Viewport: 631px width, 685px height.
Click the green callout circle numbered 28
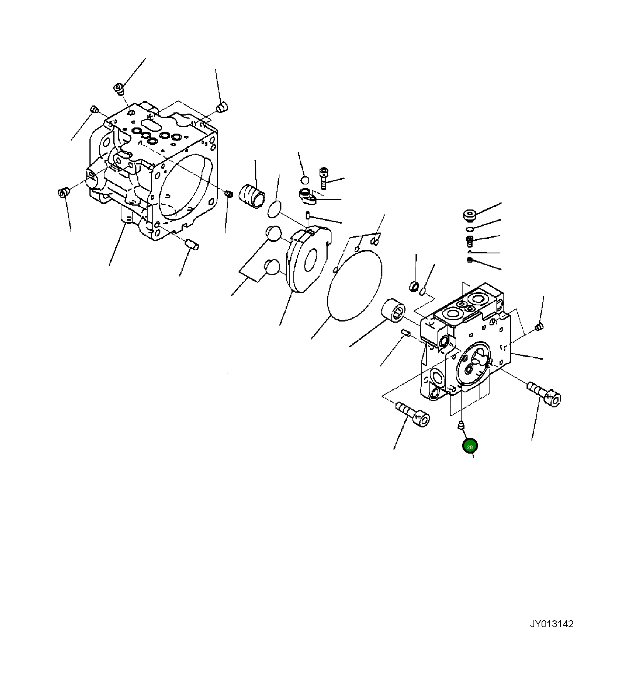pos(470,447)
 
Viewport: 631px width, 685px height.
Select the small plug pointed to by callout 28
pos(460,425)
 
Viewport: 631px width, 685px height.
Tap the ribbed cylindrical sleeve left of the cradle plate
pos(252,196)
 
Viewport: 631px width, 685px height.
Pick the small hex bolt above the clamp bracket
pos(324,178)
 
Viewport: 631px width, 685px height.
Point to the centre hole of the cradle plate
pos(310,260)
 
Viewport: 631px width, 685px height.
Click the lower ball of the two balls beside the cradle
pos(273,267)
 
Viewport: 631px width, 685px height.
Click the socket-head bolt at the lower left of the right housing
pos(413,413)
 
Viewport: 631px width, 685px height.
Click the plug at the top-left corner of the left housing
pos(119,89)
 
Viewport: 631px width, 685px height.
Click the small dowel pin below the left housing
pos(192,243)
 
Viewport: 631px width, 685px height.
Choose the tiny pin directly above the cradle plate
pos(308,215)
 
